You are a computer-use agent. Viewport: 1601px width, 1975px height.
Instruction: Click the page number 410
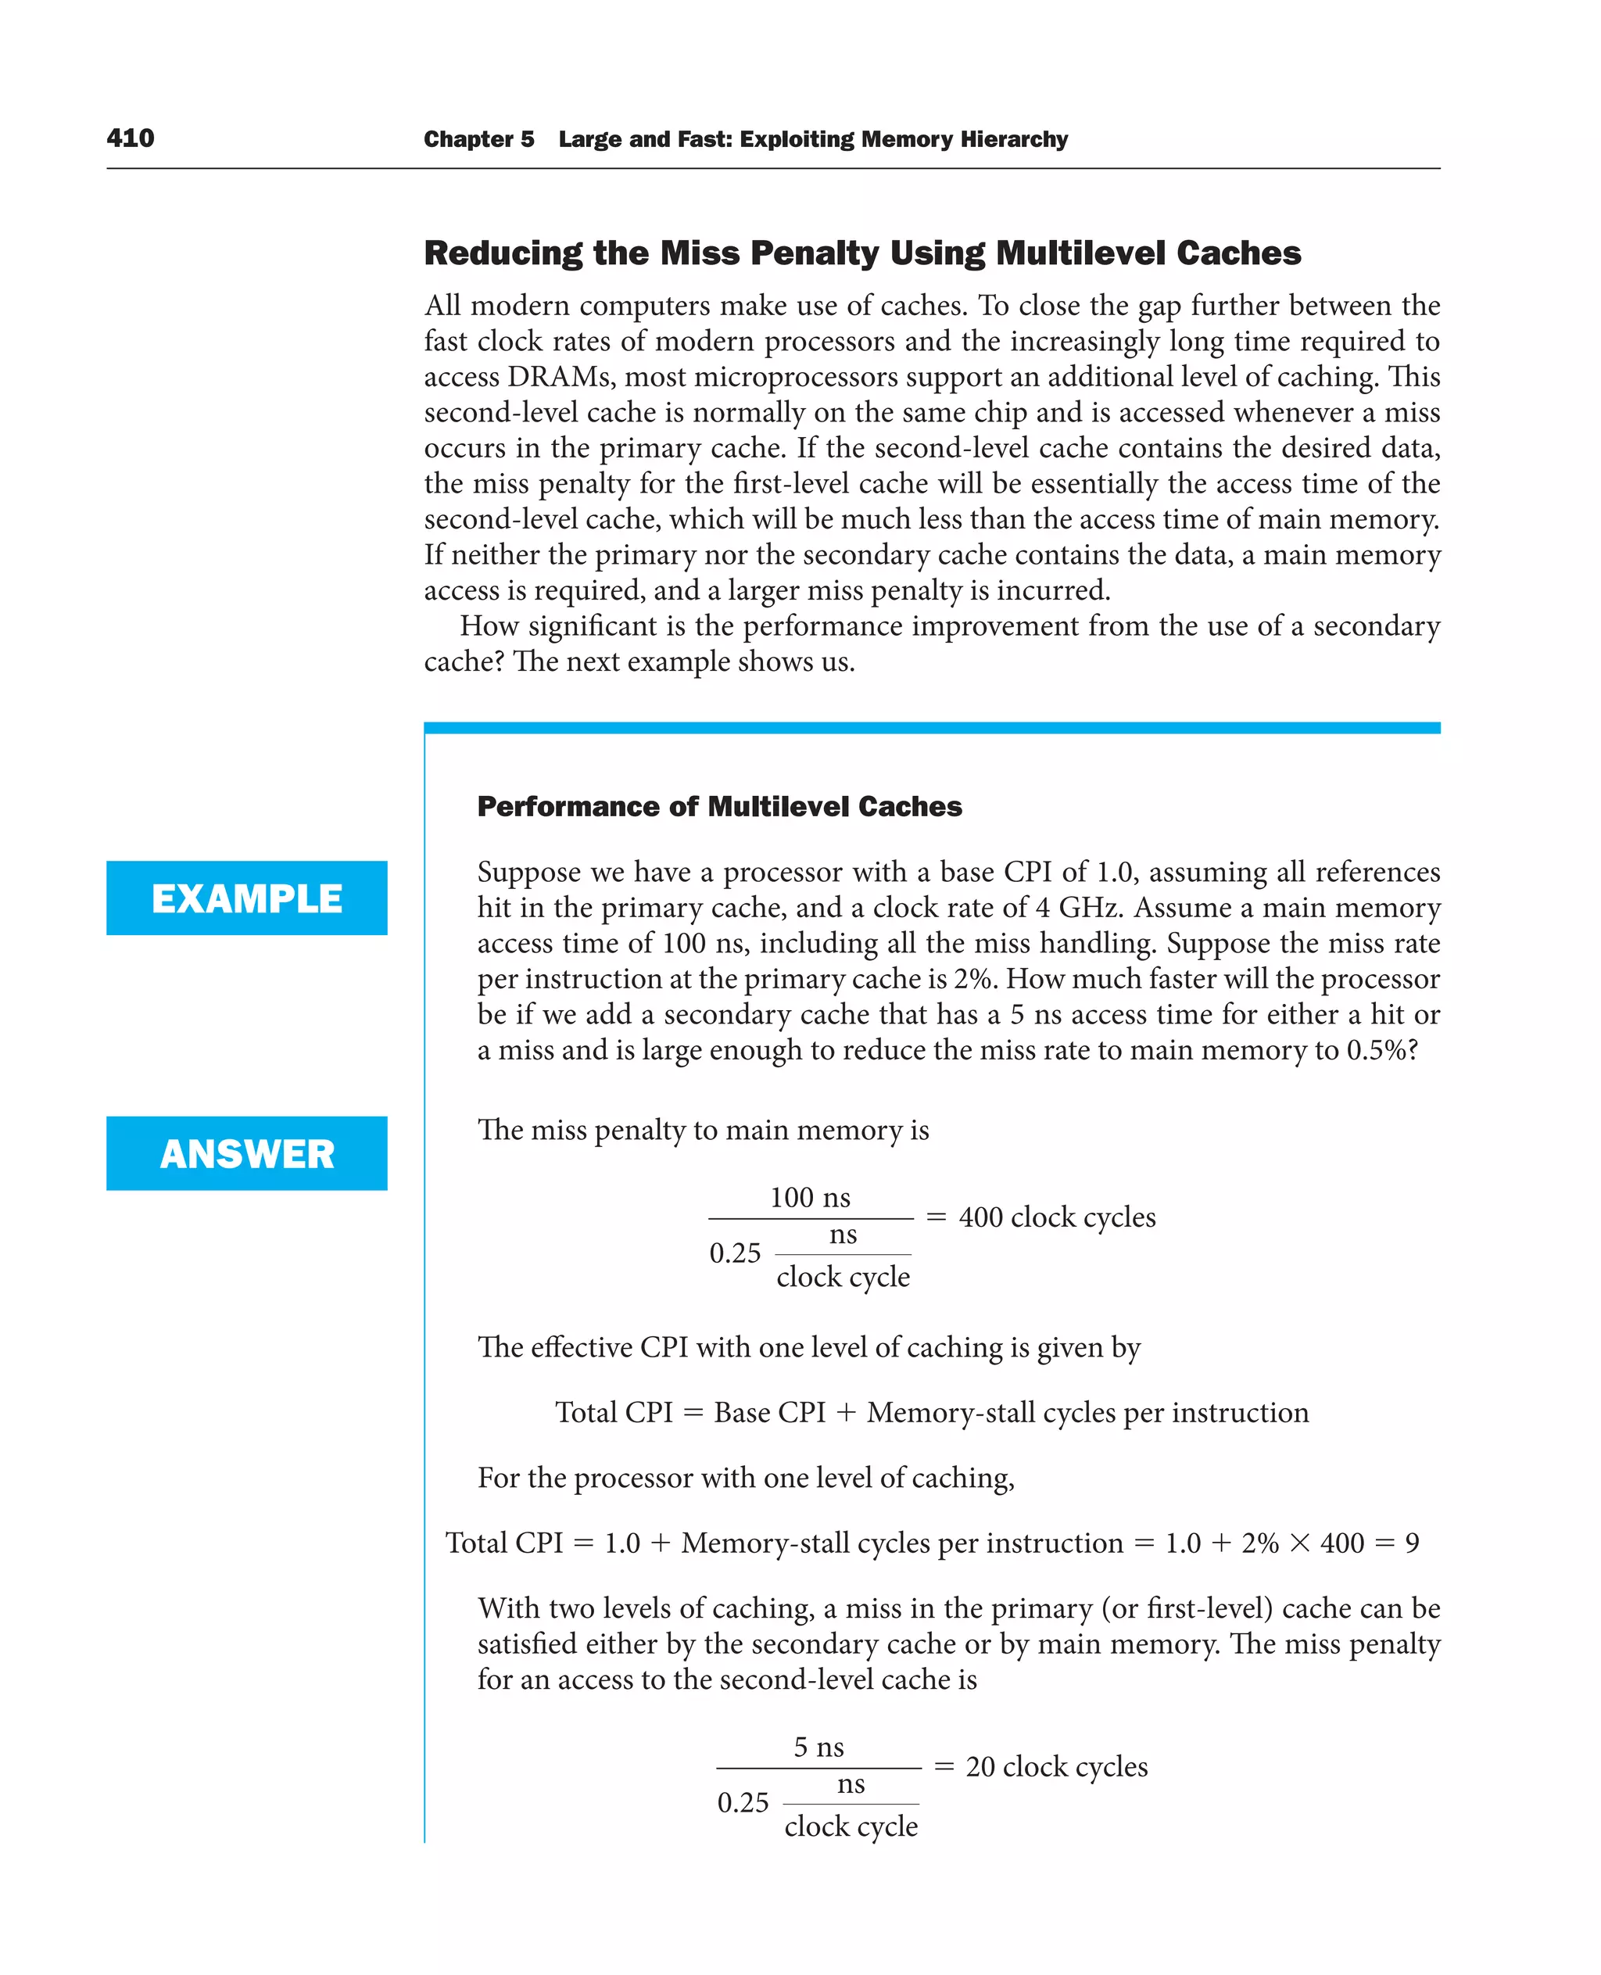(x=130, y=138)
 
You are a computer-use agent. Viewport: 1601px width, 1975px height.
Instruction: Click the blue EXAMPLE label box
(x=246, y=898)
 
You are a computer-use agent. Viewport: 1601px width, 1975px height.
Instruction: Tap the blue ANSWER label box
(x=246, y=1153)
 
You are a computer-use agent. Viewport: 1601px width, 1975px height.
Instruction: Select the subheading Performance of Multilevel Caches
(x=719, y=806)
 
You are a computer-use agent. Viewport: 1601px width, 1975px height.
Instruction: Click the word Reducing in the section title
(x=503, y=253)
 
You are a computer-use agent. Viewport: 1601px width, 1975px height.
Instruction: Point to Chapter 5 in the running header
(x=478, y=139)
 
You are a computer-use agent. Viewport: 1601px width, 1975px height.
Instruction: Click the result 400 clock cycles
(x=1057, y=1217)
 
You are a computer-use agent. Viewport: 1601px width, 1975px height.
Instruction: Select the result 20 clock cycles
(x=1056, y=1765)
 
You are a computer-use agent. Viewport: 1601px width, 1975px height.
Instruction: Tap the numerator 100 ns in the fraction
(x=810, y=1197)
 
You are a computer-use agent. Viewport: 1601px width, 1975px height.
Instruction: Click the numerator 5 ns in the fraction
(x=819, y=1746)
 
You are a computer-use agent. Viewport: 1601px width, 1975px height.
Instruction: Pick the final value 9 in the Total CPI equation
(x=1412, y=1543)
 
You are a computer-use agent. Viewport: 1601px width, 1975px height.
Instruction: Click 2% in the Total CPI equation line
(x=1260, y=1543)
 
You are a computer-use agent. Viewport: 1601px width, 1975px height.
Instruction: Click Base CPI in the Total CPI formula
(x=769, y=1412)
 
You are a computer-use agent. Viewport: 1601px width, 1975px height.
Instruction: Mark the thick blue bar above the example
(x=932, y=728)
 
